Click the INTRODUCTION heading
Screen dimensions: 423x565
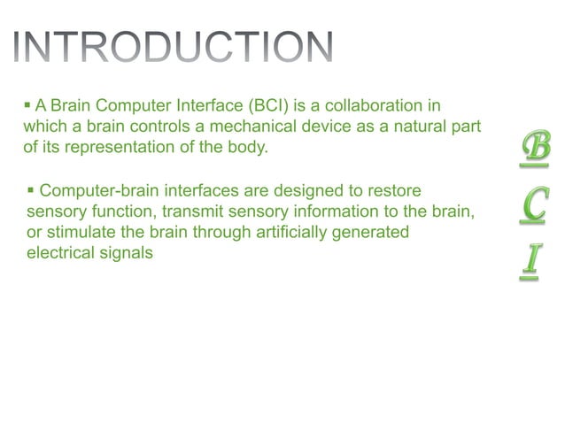point(174,48)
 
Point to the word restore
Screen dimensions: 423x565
point(392,190)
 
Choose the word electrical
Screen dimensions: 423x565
point(62,253)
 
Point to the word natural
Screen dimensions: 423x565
point(418,127)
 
